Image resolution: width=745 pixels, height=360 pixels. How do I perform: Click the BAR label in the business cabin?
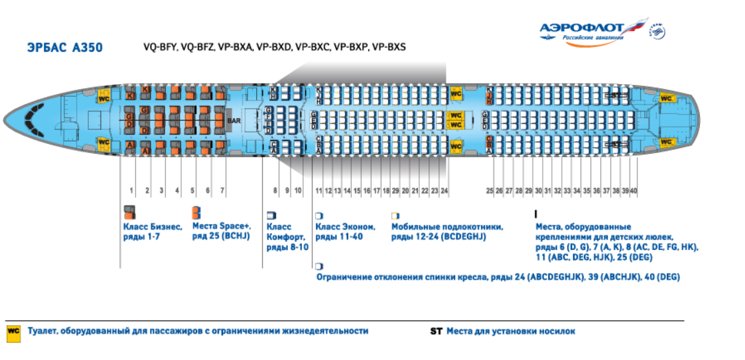coord(234,121)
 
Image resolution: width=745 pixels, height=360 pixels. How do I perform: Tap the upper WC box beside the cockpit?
coord(103,97)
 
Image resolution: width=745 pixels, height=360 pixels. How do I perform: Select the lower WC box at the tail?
coord(667,143)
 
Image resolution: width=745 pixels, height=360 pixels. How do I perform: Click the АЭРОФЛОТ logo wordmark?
coord(582,28)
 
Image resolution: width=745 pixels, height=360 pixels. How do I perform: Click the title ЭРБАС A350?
coord(64,48)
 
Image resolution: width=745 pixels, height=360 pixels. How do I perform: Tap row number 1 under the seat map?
coord(131,191)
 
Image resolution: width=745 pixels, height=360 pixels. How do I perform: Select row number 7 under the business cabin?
coord(222,191)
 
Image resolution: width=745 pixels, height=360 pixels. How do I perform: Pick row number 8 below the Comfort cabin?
coord(275,191)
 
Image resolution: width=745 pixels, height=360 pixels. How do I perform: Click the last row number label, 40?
coord(634,191)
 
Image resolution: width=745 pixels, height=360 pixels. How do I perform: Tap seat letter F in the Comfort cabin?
coord(268,117)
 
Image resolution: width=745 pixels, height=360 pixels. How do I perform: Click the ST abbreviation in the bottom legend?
coord(436,331)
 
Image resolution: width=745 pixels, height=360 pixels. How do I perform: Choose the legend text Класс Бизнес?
coord(153,227)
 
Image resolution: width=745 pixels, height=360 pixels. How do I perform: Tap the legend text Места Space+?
coord(221,227)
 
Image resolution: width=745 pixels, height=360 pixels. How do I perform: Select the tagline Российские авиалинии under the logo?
coord(593,38)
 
